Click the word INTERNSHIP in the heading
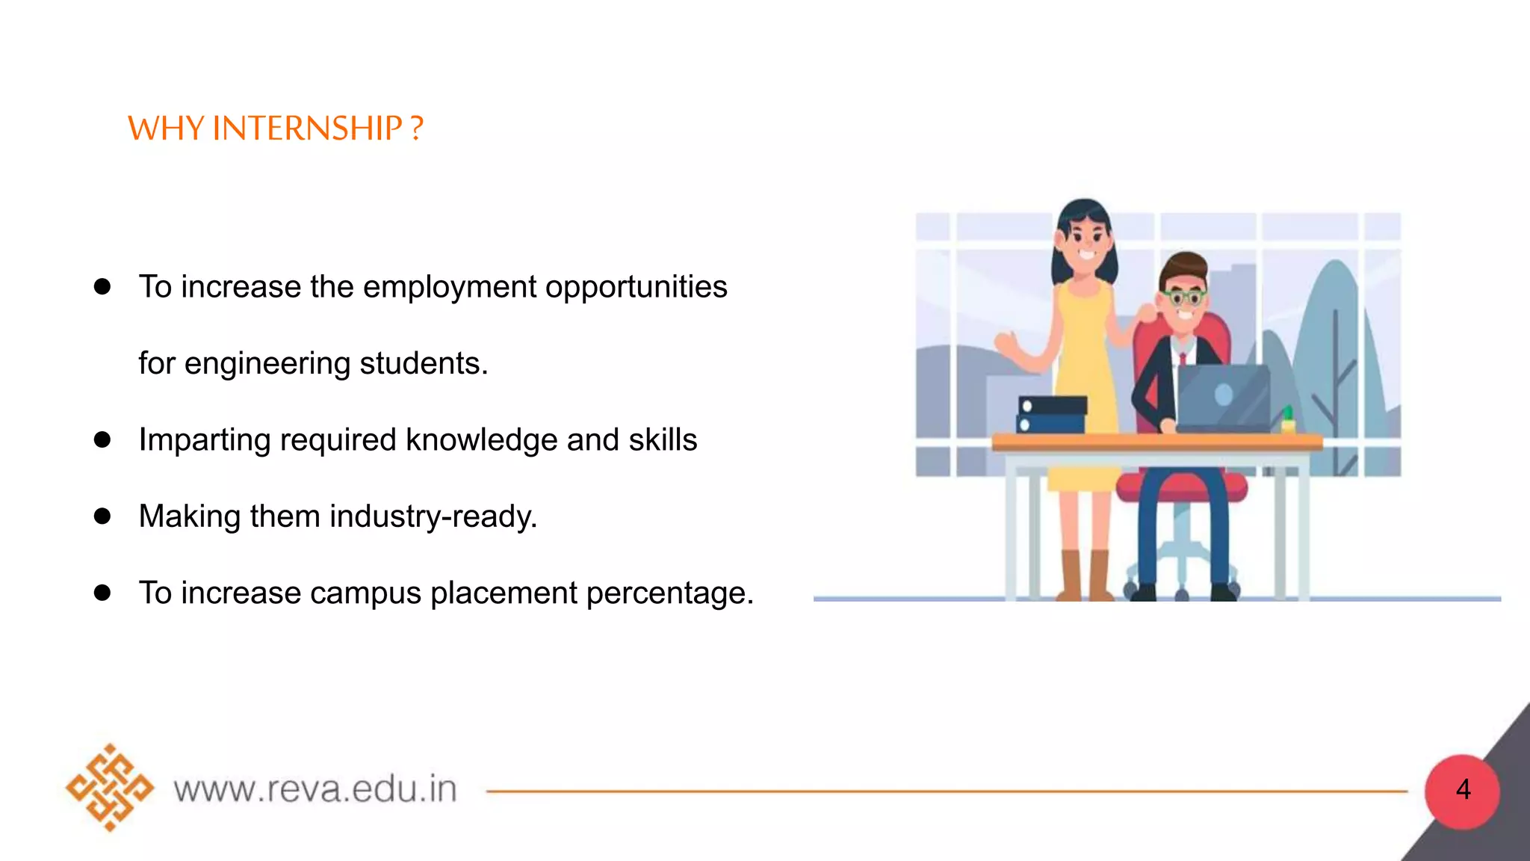tap(307, 129)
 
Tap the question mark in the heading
tap(417, 129)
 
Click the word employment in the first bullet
tap(450, 287)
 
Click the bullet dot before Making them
tap(102, 516)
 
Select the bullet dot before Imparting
tap(102, 439)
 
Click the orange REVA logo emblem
tap(110, 788)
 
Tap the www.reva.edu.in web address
tap(315, 789)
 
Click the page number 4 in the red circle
tap(1463, 789)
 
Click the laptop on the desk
tap(1223, 397)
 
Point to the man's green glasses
tap(1185, 297)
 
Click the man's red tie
tap(1183, 359)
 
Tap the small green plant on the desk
tap(1288, 419)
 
